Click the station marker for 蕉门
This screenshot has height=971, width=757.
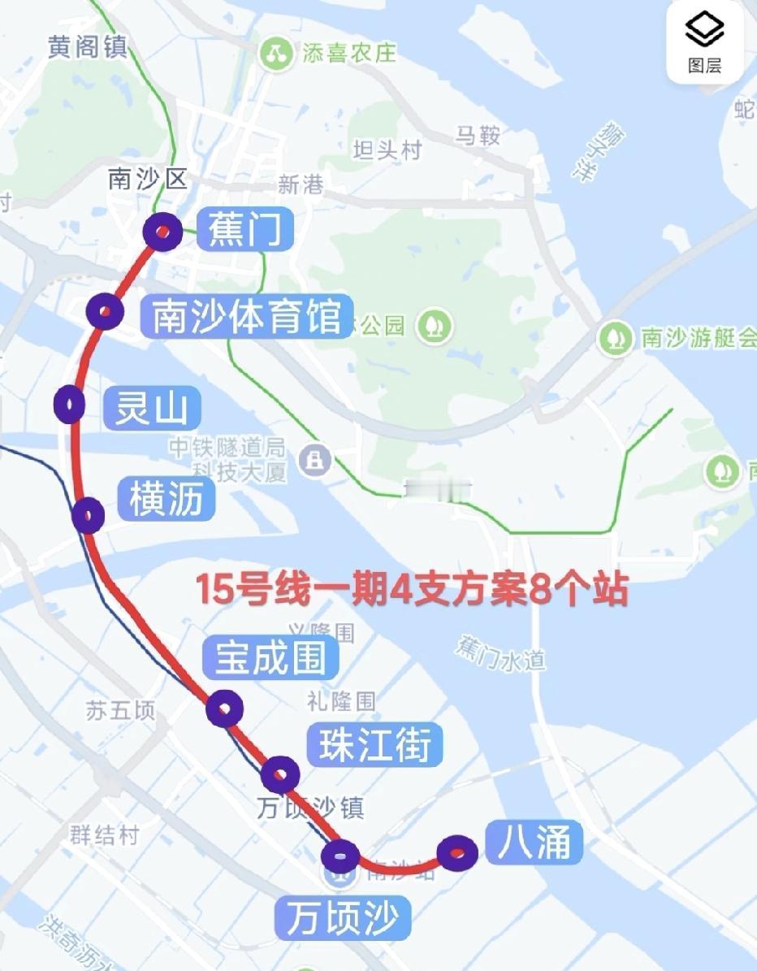[x=162, y=232]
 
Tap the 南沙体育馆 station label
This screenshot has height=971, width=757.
[x=247, y=316]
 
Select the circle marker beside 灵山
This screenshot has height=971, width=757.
[x=70, y=404]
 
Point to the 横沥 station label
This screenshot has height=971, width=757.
[x=167, y=499]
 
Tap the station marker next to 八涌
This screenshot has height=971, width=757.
[x=457, y=852]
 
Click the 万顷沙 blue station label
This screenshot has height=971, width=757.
[x=342, y=917]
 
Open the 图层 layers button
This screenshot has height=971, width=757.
[x=704, y=42]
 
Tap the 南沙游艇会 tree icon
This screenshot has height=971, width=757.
[x=616, y=338]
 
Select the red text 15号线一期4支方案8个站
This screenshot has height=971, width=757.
[x=412, y=589]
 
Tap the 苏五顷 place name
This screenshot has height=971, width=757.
[x=120, y=711]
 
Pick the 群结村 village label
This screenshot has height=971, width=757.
[x=105, y=834]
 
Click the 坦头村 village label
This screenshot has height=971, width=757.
[x=387, y=150]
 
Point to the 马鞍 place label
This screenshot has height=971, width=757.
[x=478, y=135]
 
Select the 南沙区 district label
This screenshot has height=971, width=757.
[x=148, y=180]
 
